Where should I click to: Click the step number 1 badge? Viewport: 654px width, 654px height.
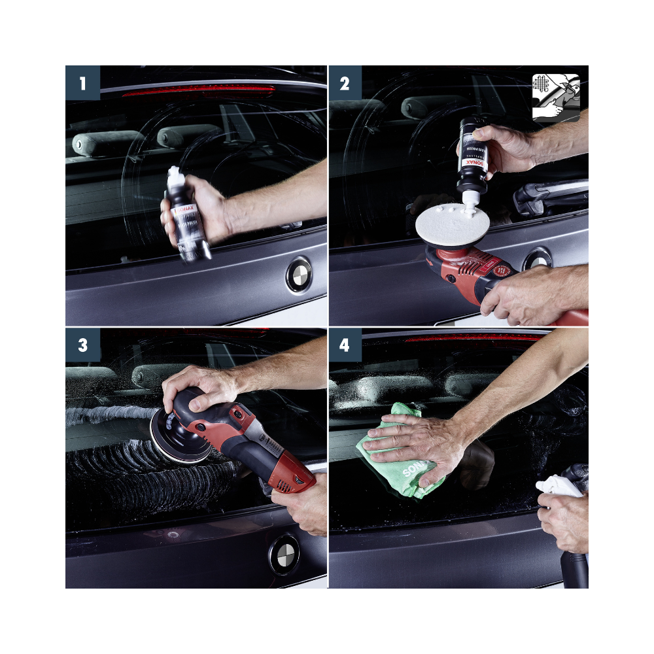(x=82, y=83)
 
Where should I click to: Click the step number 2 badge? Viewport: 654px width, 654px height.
(x=345, y=83)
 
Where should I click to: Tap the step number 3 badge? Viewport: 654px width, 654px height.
(x=82, y=345)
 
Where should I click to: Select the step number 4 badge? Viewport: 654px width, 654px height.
(x=345, y=345)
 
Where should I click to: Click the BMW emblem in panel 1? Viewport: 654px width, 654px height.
(x=299, y=275)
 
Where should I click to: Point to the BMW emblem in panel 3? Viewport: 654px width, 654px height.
(x=284, y=555)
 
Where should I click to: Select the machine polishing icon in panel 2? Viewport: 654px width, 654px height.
(x=556, y=97)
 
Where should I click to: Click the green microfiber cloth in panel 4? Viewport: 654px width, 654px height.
(x=392, y=451)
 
